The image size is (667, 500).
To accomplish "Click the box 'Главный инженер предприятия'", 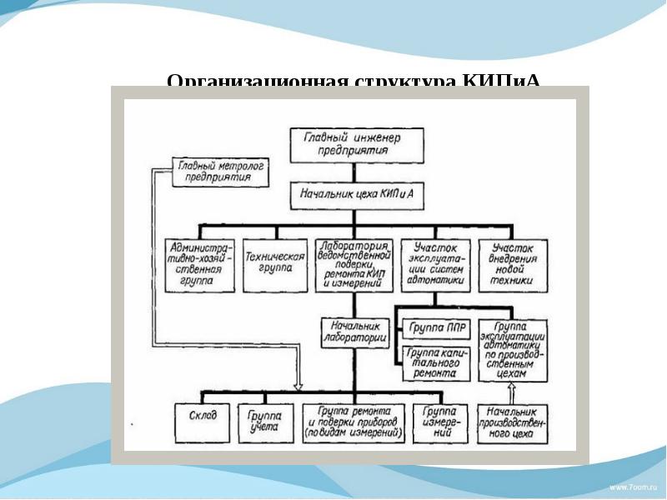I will click(355, 144).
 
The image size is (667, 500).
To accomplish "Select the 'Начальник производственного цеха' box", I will click(513, 422).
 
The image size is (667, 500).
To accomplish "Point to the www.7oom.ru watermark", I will click(633, 485).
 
